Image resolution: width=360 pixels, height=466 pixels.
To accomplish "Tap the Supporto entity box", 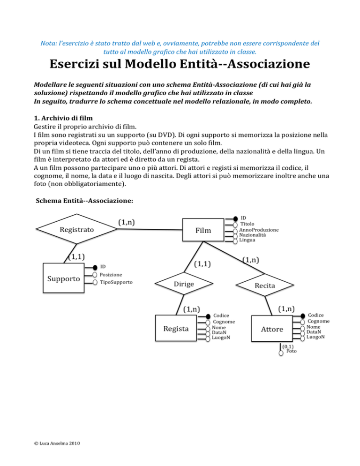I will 63,279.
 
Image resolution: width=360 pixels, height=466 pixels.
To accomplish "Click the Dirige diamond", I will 184,284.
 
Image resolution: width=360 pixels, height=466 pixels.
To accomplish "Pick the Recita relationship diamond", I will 265,285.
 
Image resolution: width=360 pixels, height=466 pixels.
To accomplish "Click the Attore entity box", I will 272,329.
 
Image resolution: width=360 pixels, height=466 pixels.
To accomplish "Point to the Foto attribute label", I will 291,351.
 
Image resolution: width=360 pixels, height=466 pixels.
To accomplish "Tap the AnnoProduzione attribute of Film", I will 259,230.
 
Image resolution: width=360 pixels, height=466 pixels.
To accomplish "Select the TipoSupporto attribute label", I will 116,283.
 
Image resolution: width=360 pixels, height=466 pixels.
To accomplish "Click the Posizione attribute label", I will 111,275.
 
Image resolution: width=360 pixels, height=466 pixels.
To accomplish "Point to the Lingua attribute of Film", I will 247,240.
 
